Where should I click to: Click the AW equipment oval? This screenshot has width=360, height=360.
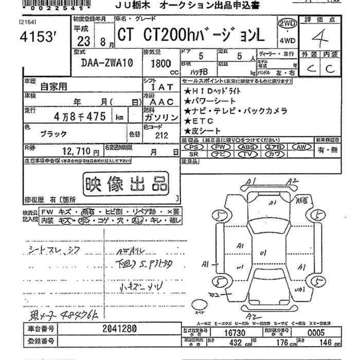click(x=303, y=147)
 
